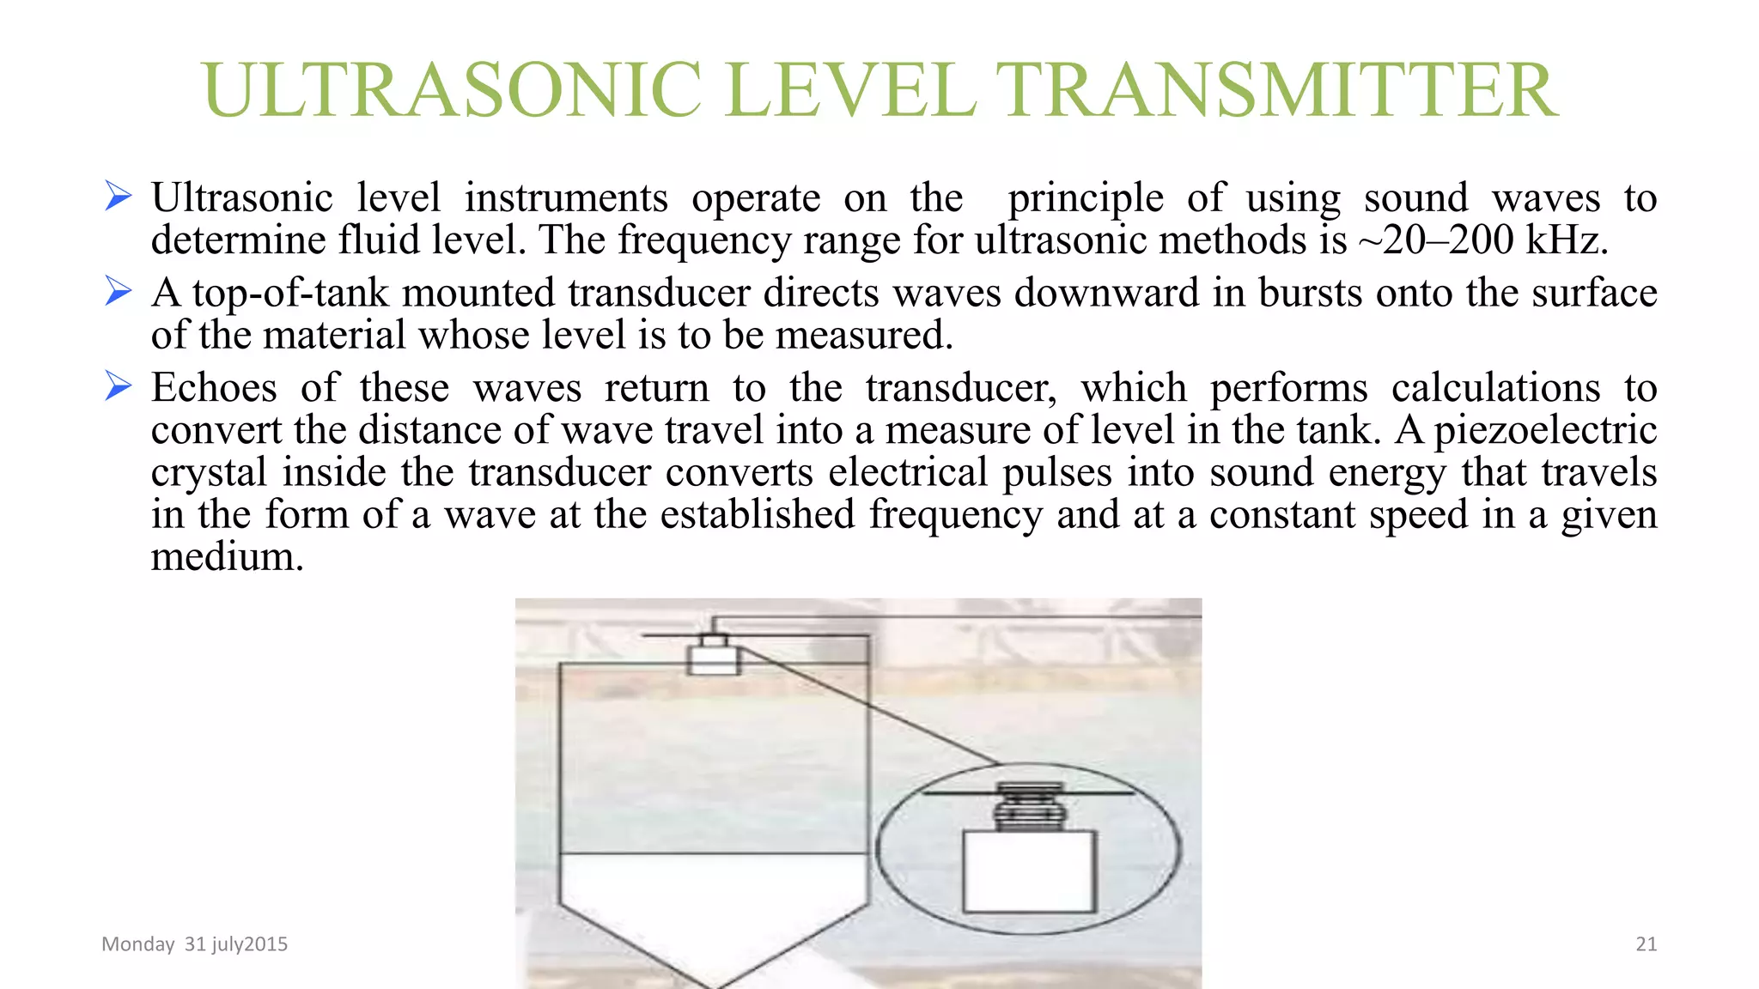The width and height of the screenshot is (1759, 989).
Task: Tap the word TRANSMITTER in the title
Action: coord(1276,90)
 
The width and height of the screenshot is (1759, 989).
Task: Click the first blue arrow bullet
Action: coord(118,196)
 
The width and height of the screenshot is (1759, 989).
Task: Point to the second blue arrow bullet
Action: coord(118,291)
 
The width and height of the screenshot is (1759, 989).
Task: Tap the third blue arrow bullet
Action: coord(118,386)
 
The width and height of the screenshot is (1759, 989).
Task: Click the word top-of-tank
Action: coord(290,293)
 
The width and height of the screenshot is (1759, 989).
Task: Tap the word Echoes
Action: coord(214,388)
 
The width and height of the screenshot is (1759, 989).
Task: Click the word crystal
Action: coord(209,472)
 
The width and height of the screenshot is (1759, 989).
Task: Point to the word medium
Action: coord(227,557)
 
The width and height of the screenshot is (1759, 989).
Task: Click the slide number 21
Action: coord(1646,944)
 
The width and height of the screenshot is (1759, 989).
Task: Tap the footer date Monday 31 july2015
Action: coord(194,944)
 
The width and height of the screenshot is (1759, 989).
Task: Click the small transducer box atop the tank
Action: coord(714,659)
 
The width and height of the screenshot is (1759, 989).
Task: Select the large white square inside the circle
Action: coord(1029,871)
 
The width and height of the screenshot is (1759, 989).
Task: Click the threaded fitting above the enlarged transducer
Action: coord(1029,807)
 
